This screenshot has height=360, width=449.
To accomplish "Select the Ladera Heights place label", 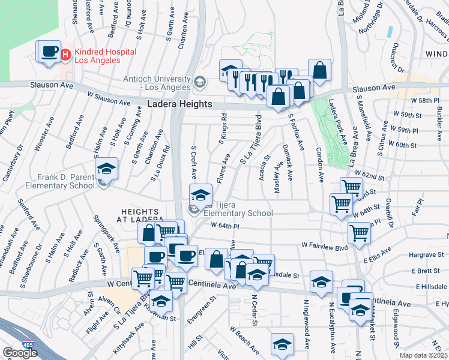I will (179, 104).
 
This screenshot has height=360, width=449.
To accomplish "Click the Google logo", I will (20, 353).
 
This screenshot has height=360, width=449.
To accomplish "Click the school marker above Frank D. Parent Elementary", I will (106, 168).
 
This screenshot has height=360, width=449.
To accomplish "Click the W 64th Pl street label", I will (225, 226).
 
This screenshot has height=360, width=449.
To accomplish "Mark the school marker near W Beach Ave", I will (282, 344).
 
